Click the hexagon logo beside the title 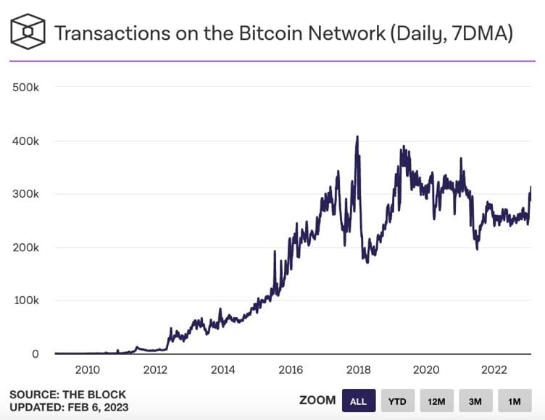[x=27, y=32]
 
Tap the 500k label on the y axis [x=26, y=88]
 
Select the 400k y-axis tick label [x=26, y=141]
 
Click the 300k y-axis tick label [x=26, y=194]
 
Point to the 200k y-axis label [x=26, y=248]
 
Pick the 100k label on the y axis [x=26, y=301]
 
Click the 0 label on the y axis [x=34, y=354]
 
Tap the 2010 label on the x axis [x=88, y=370]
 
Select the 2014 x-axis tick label [x=223, y=370]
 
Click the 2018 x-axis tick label [x=358, y=370]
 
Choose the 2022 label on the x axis [x=494, y=370]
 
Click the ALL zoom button [x=358, y=400]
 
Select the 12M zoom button [x=436, y=400]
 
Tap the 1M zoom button [x=514, y=400]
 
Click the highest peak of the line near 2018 [x=357, y=136]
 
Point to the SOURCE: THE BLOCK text [x=67, y=395]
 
